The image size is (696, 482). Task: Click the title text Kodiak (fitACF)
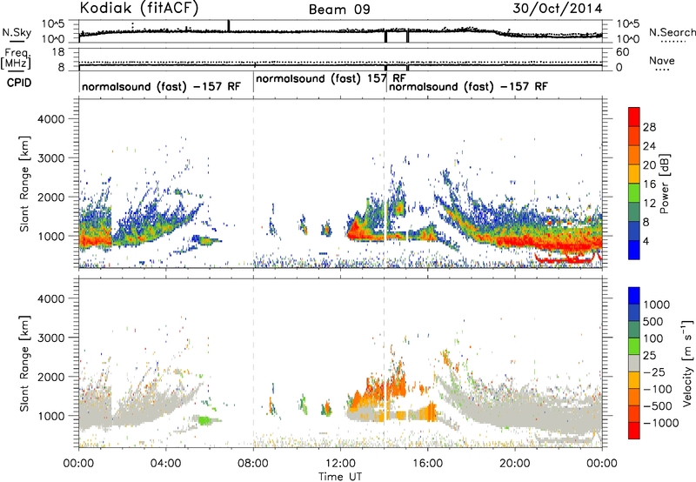point(139,8)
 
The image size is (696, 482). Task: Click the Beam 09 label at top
point(339,10)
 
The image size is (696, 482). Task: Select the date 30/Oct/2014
point(558,9)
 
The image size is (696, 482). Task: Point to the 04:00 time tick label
point(166,464)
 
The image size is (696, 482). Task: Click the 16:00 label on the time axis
point(428,464)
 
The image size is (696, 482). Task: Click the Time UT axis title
point(340,477)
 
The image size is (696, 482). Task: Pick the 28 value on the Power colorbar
point(649,127)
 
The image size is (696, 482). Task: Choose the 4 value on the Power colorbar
point(646,242)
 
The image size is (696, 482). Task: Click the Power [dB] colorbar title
point(665,184)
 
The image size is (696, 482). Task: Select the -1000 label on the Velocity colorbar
point(661,423)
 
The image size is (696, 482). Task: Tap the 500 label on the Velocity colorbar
point(653,322)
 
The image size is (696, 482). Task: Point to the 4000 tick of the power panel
point(52,119)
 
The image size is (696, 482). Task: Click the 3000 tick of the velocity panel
point(52,338)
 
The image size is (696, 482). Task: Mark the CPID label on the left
point(19,83)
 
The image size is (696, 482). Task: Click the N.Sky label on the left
point(17,32)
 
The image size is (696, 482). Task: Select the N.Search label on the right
point(673,32)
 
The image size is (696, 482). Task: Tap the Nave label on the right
point(662,61)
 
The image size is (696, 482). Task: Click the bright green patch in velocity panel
point(204,420)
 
